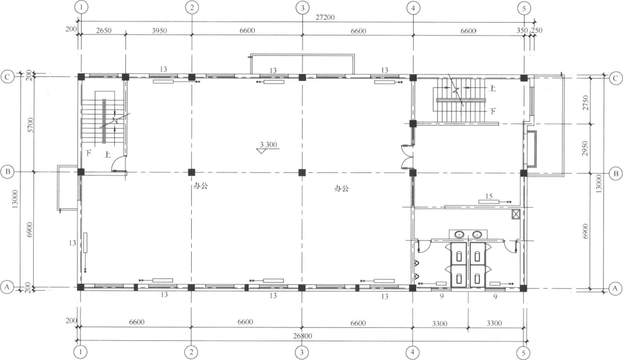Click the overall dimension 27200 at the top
(325, 17)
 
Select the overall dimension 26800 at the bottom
(303, 336)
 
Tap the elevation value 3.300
(268, 144)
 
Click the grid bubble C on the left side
(7, 77)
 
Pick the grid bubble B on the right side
(615, 174)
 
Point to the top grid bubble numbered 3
(302, 8)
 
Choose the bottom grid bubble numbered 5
(524, 352)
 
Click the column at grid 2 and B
(192, 172)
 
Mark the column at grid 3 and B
(302, 172)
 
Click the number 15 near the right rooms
(489, 196)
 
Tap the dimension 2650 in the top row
(104, 31)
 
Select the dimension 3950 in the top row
(159, 31)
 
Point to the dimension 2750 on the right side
(585, 103)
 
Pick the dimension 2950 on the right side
(585, 148)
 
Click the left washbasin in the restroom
(460, 234)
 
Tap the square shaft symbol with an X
(516, 214)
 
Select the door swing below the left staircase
(118, 163)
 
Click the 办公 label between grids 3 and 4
(342, 188)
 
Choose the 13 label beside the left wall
(72, 243)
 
